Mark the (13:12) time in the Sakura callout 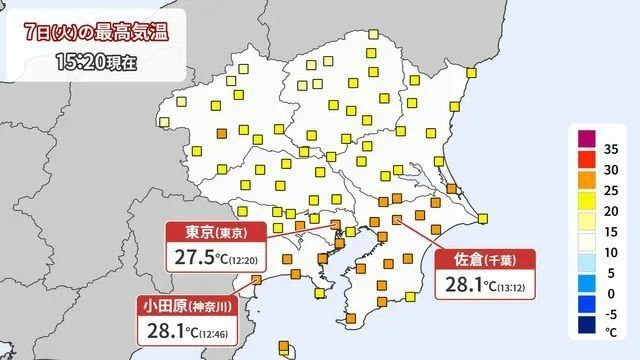[x=513, y=288]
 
